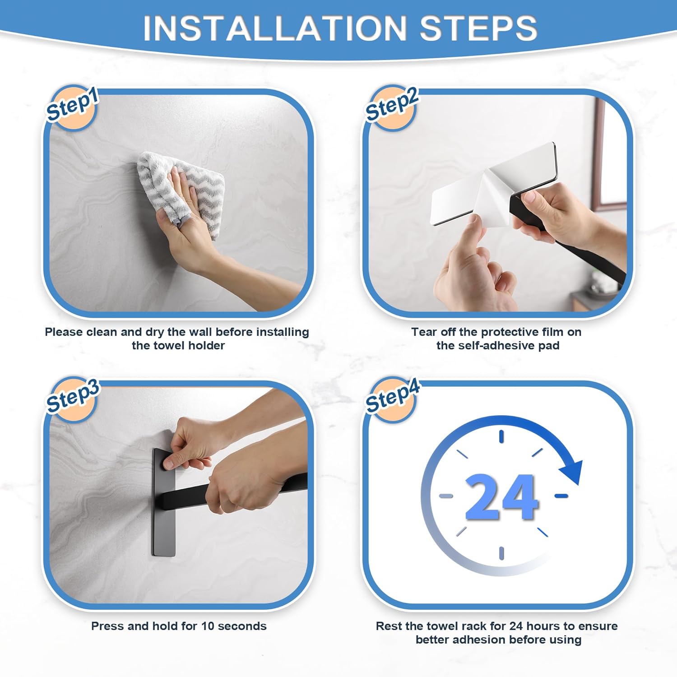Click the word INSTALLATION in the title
pyautogui.click(x=275, y=28)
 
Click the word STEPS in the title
pyautogui.click(x=478, y=28)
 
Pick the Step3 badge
pyautogui.click(x=72, y=398)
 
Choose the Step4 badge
pyautogui.click(x=392, y=398)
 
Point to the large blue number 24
pyautogui.click(x=501, y=496)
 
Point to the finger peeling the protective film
pyautogui.click(x=469, y=235)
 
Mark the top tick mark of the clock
pyautogui.click(x=501, y=436)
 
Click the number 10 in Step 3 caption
pyautogui.click(x=207, y=626)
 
